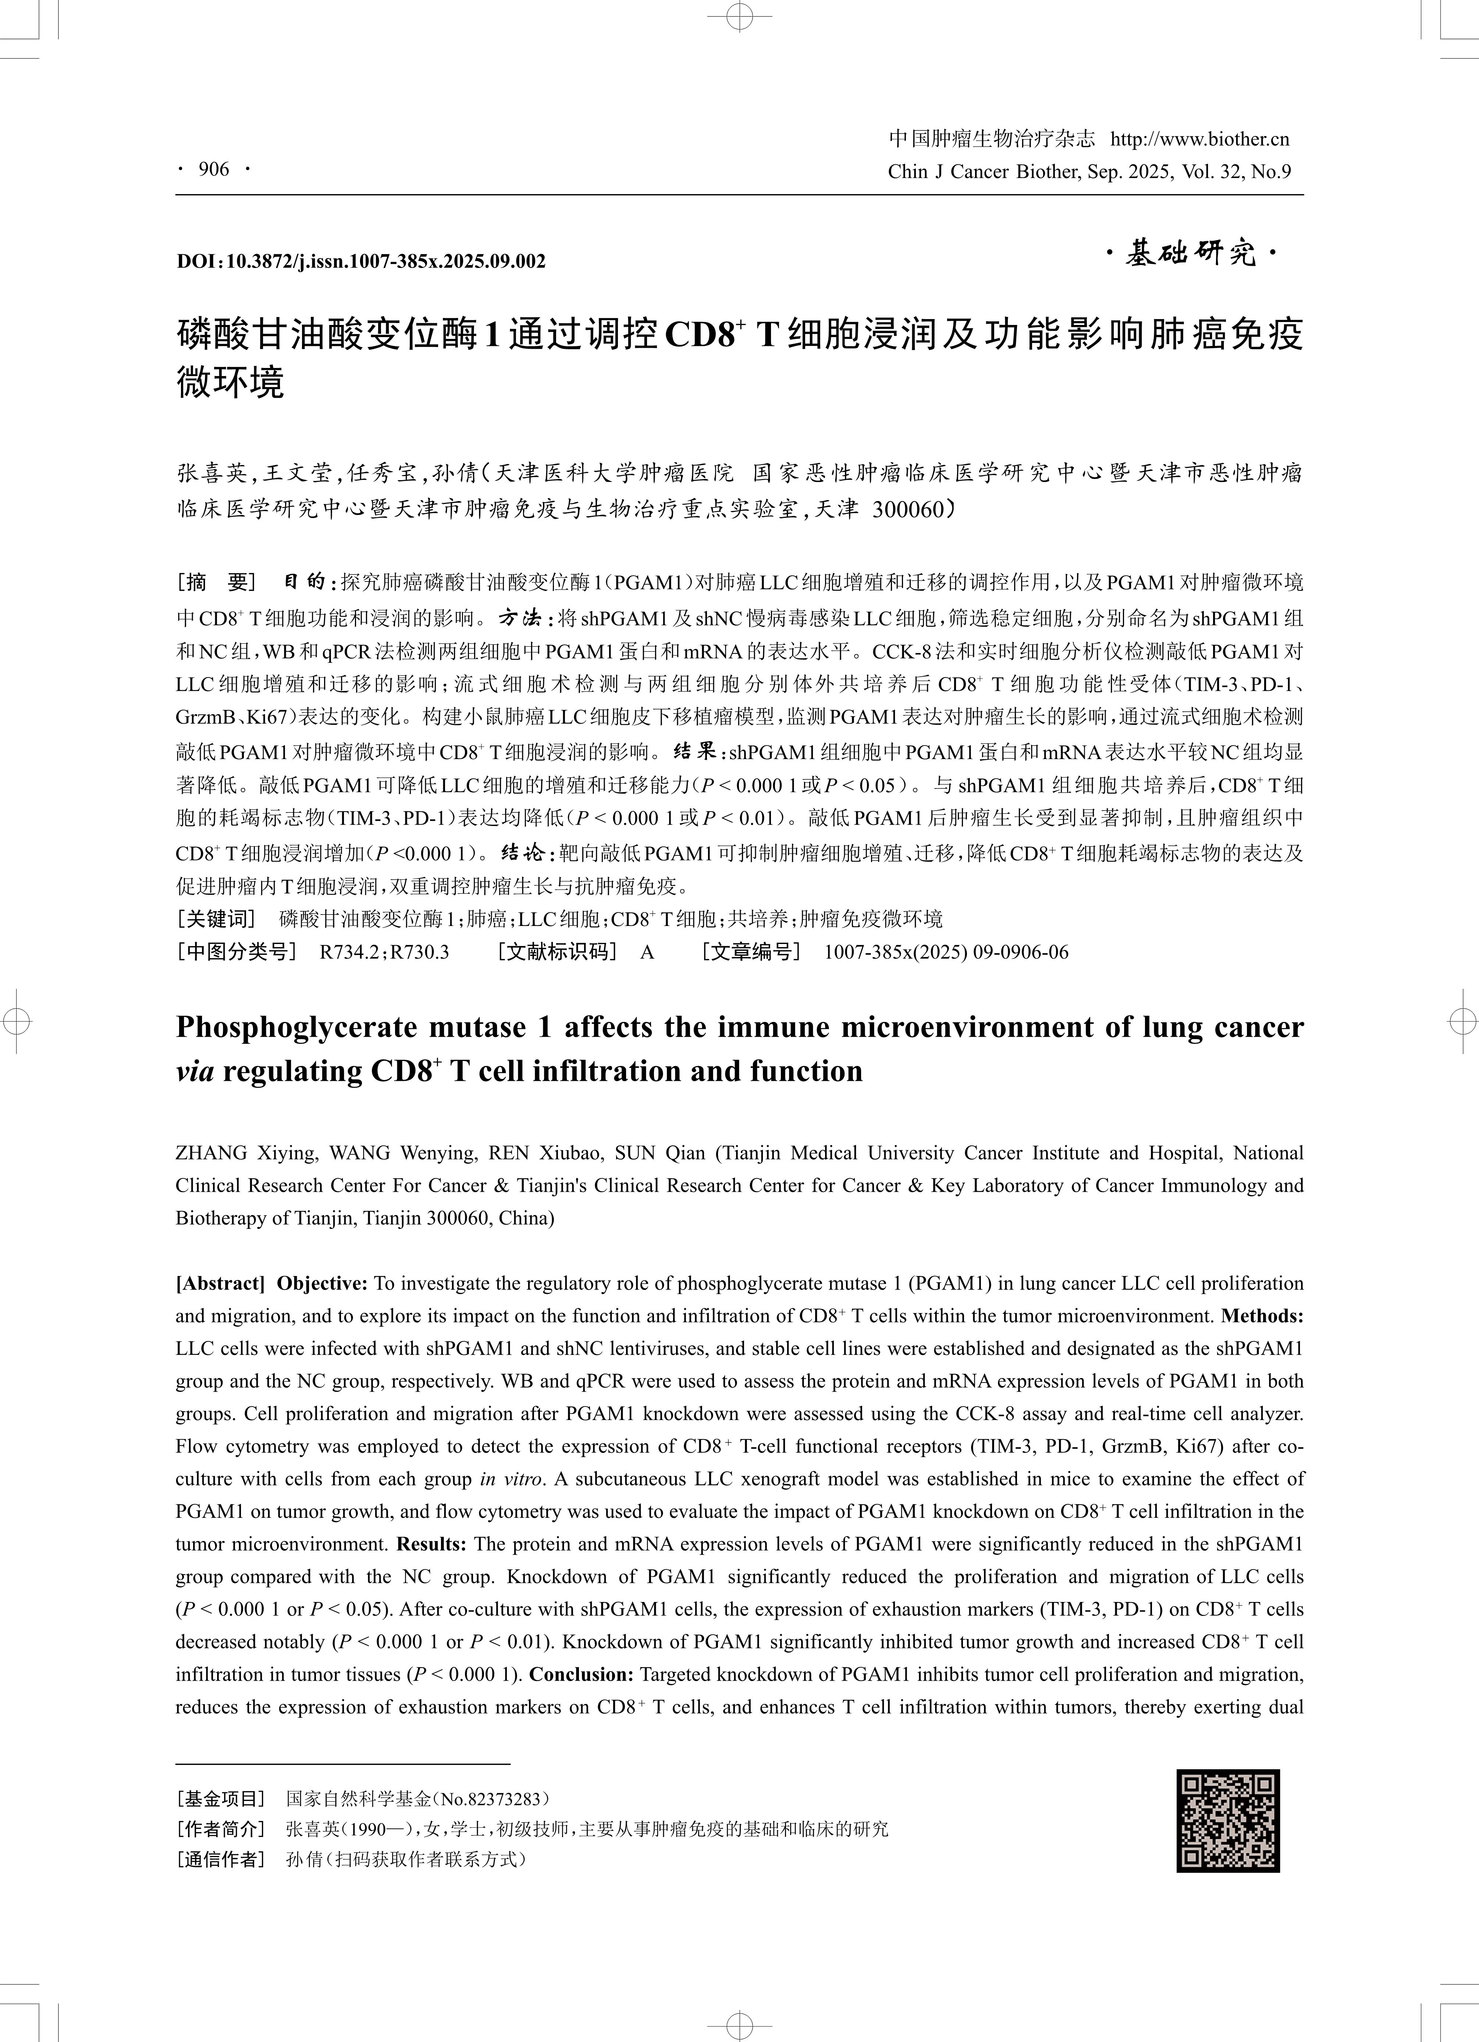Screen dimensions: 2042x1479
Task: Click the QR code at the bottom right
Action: [1228, 1820]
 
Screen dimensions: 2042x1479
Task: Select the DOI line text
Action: [360, 261]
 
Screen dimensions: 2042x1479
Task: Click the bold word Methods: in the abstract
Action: [1262, 1315]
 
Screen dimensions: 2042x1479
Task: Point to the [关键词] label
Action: [216, 919]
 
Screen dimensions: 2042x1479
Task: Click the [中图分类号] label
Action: [236, 952]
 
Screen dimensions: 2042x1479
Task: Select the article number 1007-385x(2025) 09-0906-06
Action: [946, 952]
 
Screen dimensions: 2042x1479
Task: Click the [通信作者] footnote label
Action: [221, 1858]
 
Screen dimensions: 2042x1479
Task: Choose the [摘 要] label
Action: [216, 583]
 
